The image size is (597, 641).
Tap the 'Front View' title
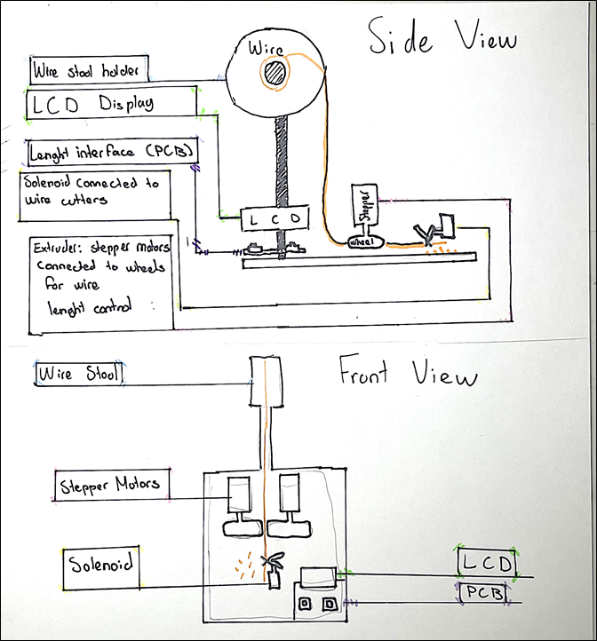[x=408, y=376]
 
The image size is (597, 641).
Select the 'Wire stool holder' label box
[x=88, y=68]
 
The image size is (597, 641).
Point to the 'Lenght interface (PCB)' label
[x=112, y=152]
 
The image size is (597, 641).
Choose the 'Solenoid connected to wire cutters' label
[x=95, y=195]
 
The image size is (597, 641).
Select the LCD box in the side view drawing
[x=275, y=218]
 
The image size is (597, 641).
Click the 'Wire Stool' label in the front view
[x=79, y=374]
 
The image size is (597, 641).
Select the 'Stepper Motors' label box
[x=111, y=485]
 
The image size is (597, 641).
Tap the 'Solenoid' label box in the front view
[x=103, y=568]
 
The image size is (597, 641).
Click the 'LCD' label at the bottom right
[x=487, y=562]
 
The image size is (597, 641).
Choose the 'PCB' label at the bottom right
[x=483, y=592]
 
